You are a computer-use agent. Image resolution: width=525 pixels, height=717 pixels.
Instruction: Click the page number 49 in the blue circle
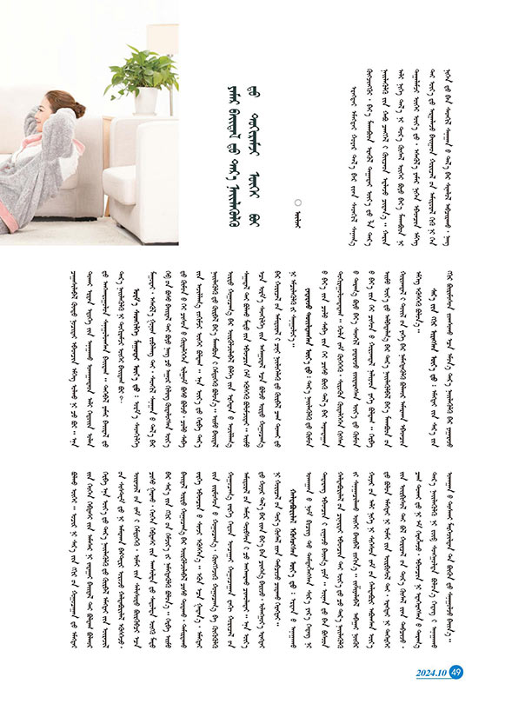click(457, 670)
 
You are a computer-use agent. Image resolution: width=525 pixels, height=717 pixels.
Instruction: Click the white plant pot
click(145, 102)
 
